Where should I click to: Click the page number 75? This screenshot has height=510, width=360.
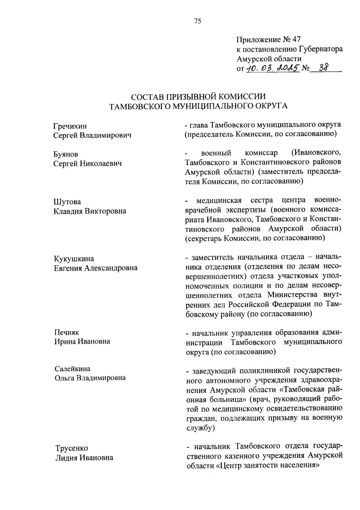tap(198, 21)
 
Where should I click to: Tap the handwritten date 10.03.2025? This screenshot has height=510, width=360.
tap(273, 69)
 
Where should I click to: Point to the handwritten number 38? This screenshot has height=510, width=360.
tap(324, 68)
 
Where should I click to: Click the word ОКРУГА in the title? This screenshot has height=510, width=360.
tap(271, 106)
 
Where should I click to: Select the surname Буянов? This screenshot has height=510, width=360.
tap(66, 154)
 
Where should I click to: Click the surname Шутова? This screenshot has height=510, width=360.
tap(67, 201)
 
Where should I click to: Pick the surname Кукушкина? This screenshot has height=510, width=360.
tap(74, 258)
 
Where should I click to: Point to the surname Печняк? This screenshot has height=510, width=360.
tap(66, 332)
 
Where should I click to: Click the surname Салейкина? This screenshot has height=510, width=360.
tap(72, 368)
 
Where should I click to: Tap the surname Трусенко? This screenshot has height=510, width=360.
tap(71, 448)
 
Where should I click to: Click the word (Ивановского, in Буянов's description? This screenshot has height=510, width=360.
tap(316, 153)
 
